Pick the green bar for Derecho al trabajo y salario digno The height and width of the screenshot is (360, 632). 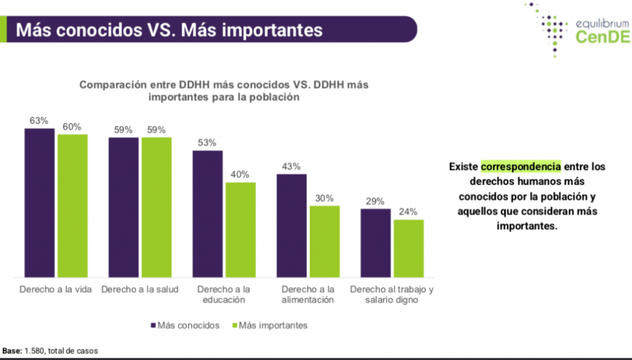tap(409, 248)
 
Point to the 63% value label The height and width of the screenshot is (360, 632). tap(39, 121)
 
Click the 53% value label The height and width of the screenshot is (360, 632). tap(207, 143)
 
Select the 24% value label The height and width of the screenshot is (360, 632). tap(409, 212)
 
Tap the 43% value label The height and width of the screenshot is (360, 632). tap(291, 167)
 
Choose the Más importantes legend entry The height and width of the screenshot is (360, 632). tap(272, 325)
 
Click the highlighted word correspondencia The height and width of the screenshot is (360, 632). tap(521, 167)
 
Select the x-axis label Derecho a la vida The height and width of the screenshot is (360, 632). tap(56, 290)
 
